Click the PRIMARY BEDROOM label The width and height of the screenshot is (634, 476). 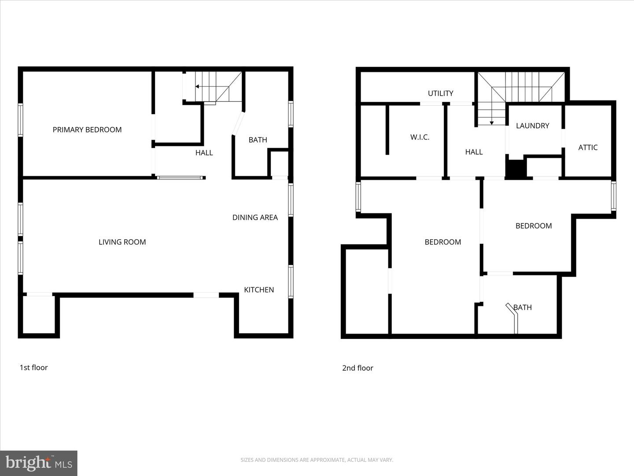pyautogui.click(x=87, y=130)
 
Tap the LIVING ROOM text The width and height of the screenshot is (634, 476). pyautogui.click(x=122, y=242)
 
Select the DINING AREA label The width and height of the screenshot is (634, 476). pyautogui.click(x=255, y=217)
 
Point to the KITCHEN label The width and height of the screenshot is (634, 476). pyautogui.click(x=259, y=290)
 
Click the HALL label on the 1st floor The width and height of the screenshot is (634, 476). pyautogui.click(x=204, y=153)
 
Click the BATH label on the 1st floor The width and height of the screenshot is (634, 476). pyautogui.click(x=258, y=140)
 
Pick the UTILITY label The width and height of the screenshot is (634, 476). pyautogui.click(x=440, y=93)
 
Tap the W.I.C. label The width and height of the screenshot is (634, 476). pyautogui.click(x=420, y=137)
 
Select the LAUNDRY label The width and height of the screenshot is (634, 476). pyautogui.click(x=532, y=126)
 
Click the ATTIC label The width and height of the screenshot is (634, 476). pyautogui.click(x=588, y=148)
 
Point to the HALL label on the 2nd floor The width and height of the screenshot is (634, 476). pyautogui.click(x=474, y=152)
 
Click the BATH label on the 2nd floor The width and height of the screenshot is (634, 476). pyautogui.click(x=523, y=307)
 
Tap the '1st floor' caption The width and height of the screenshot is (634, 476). pyautogui.click(x=33, y=368)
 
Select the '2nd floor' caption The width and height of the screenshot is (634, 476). pyautogui.click(x=358, y=368)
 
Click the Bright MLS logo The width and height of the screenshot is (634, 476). pyautogui.click(x=39, y=463)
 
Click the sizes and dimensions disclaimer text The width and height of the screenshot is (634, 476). pyautogui.click(x=317, y=460)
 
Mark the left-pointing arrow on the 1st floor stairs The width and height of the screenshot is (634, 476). pyautogui.click(x=198, y=87)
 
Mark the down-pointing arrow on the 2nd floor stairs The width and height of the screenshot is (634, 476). pyautogui.click(x=492, y=122)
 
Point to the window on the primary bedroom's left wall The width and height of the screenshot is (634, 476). pyautogui.click(x=20, y=120)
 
